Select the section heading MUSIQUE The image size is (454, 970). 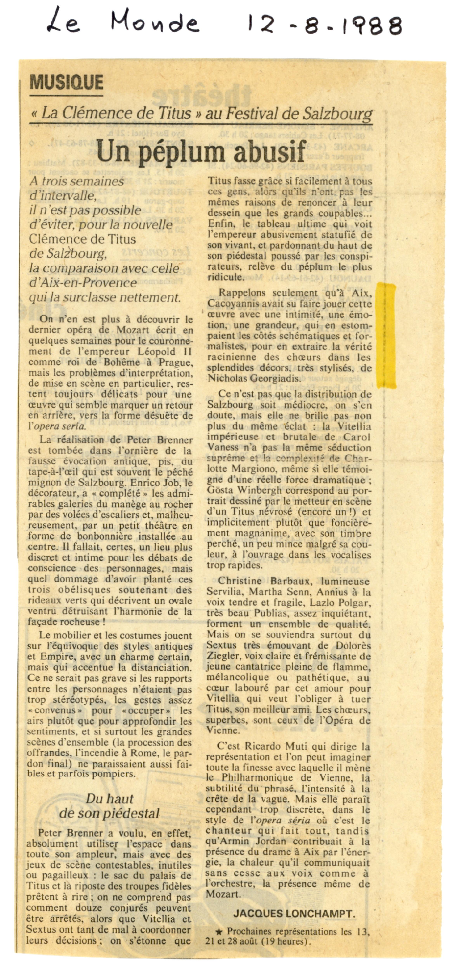click(66, 82)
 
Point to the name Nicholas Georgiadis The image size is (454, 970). click(254, 378)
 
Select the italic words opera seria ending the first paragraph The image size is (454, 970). click(60, 427)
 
